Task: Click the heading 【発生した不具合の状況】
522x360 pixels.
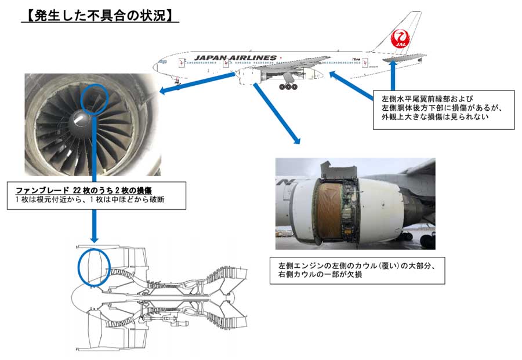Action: tap(99, 15)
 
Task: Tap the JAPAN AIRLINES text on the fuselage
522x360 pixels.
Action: tap(235, 57)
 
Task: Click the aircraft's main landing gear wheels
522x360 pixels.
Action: tap(288, 87)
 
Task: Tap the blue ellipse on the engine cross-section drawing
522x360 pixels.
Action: tap(93, 267)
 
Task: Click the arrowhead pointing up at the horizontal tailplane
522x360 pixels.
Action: tap(394, 61)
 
